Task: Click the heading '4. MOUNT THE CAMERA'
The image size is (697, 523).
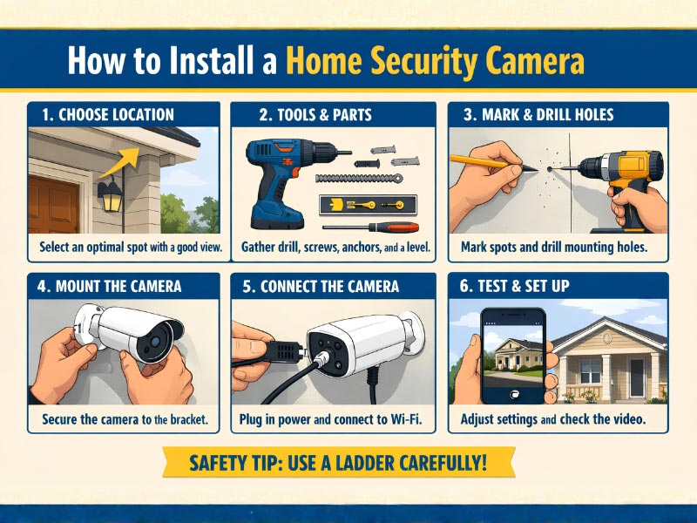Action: (x=112, y=286)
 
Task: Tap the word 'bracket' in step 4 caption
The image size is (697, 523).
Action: (x=184, y=419)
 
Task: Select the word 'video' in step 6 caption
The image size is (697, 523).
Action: (x=625, y=419)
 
